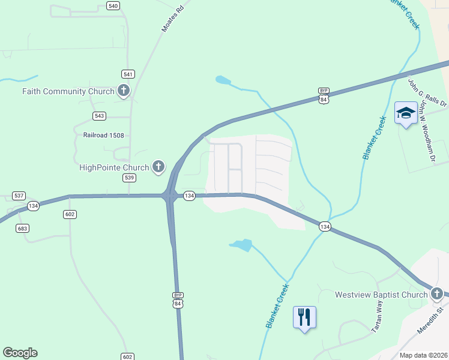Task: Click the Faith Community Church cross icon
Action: pos(123,91)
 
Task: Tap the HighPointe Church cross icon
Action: pos(158,167)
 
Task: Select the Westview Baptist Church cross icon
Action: pos(436,294)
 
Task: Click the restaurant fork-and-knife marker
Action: pos(304,316)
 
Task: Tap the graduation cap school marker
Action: pos(406,112)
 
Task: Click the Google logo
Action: pos(20,353)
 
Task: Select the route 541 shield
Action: pos(128,74)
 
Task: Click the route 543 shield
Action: pos(100,116)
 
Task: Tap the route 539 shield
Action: pos(129,178)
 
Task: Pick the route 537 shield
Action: pos(19,196)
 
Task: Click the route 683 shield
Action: pos(23,229)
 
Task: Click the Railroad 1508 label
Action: pos(103,136)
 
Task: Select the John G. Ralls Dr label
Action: pos(427,94)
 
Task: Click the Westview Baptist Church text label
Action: pos(381,295)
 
